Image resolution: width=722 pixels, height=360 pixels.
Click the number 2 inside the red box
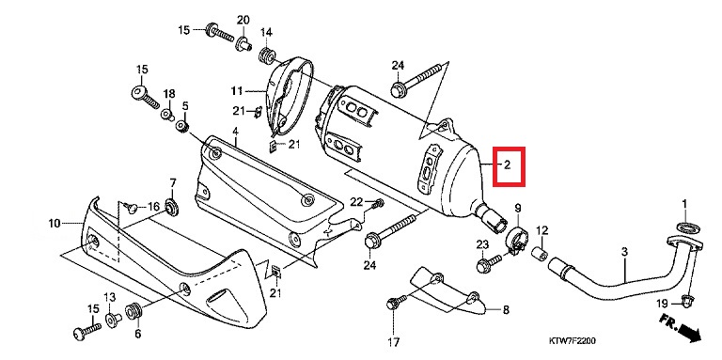tap(507, 164)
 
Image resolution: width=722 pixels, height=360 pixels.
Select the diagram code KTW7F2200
tap(573, 341)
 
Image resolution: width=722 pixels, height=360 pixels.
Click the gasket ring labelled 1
tap(685, 227)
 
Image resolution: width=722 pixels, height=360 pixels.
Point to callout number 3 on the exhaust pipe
tap(624, 252)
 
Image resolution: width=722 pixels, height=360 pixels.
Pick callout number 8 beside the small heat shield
tap(506, 310)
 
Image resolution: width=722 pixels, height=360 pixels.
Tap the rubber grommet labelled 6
tap(133, 309)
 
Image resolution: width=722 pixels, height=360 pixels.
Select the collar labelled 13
tap(113, 319)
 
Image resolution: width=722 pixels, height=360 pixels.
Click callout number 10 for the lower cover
tap(55, 224)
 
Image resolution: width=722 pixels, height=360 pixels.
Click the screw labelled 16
tap(132, 208)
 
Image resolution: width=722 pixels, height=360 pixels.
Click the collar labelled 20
tap(243, 44)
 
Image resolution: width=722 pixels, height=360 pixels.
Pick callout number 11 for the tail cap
tap(236, 91)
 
